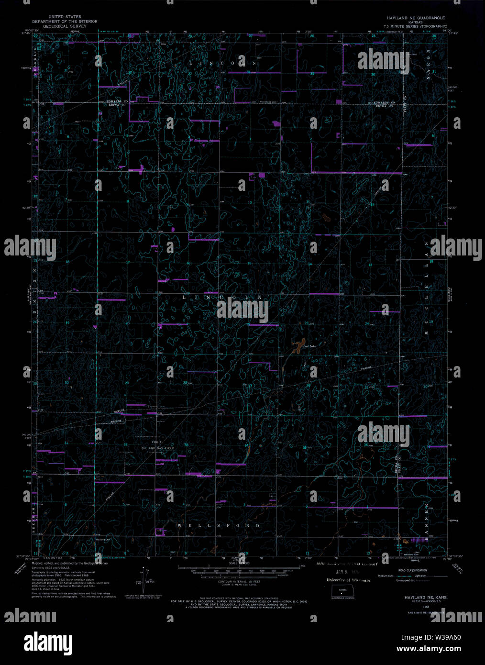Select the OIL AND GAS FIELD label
coord(157,448)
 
